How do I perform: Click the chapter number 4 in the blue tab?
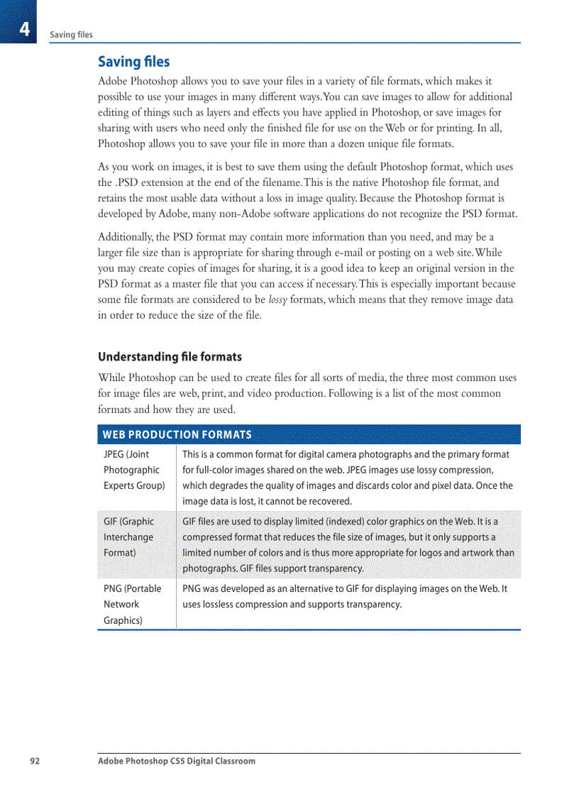[24, 29]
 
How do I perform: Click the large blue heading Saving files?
[133, 62]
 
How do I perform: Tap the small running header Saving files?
[71, 35]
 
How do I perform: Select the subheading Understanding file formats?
[170, 356]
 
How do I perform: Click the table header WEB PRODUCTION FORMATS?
[177, 434]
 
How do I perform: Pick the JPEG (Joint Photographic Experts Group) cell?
[134, 470]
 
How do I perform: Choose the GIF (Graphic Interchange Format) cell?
[128, 537]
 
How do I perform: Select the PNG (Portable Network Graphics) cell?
[132, 604]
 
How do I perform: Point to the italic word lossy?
[277, 300]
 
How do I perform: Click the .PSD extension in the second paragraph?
[128, 182]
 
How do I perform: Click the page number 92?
[35, 761]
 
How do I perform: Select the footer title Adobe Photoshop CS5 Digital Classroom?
[177, 761]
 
